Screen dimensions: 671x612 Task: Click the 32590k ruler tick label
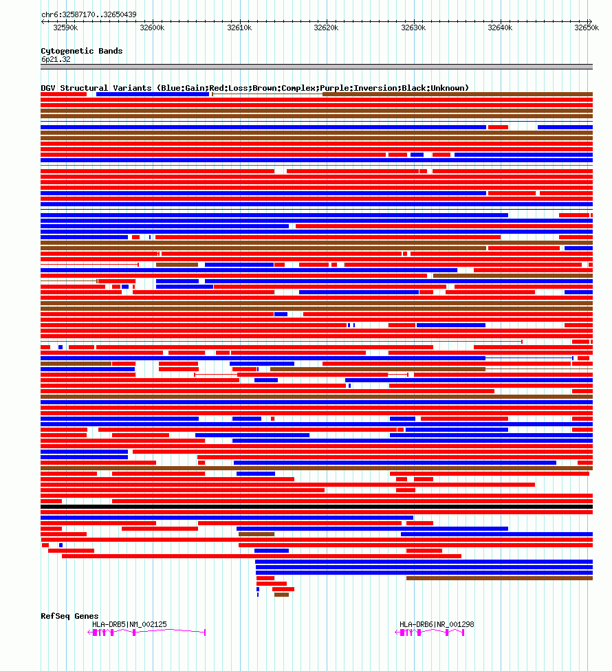pos(65,27)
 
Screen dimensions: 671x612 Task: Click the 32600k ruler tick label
pos(152,27)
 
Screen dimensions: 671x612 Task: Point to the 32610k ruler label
pos(239,27)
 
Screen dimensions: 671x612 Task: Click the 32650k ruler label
pos(586,27)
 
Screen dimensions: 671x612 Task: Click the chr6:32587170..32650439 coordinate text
pos(89,14)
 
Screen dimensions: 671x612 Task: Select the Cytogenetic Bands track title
pos(82,51)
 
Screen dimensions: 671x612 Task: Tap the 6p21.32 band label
pos(56,59)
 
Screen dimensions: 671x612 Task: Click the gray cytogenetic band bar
pos(316,67)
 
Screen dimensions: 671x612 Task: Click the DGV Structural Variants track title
pos(254,88)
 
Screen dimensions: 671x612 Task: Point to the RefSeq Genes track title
pos(69,616)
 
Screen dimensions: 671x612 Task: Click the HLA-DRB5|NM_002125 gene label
pos(129,624)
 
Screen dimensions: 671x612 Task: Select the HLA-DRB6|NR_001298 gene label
pos(437,624)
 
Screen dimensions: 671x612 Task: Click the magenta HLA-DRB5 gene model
pos(148,632)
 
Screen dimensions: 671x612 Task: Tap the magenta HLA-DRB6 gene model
pos(432,632)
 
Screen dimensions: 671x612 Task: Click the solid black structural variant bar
pos(316,507)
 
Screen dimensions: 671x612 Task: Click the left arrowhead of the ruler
pos(43,21)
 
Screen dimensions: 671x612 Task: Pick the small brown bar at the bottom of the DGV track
pos(281,595)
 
